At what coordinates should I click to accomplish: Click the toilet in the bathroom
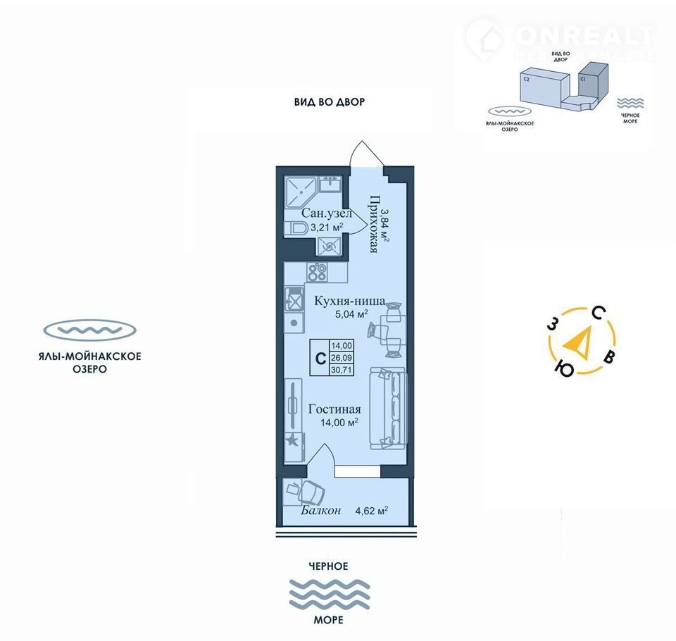point(297,228)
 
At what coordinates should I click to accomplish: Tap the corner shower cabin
point(300,187)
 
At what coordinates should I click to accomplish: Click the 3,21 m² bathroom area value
point(327,227)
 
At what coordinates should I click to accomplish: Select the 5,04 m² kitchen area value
point(352,314)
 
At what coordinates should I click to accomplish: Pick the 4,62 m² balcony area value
point(372,511)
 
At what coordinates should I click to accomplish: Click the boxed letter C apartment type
point(320,358)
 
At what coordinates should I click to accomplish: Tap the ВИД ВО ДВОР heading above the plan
point(330,102)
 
